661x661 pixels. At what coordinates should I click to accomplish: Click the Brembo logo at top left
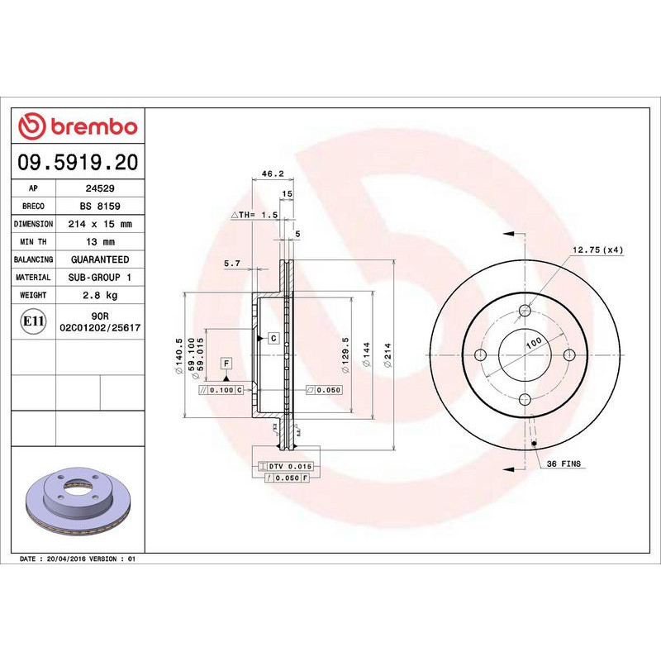pos(78,126)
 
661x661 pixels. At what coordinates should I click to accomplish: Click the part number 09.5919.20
pos(78,163)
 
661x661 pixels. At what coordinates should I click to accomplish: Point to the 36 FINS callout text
pos(565,465)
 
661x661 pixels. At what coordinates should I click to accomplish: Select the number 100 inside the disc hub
pos(533,342)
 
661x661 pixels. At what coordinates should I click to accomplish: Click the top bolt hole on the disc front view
pos(525,311)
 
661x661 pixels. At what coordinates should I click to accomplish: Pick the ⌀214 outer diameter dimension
pos(386,355)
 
